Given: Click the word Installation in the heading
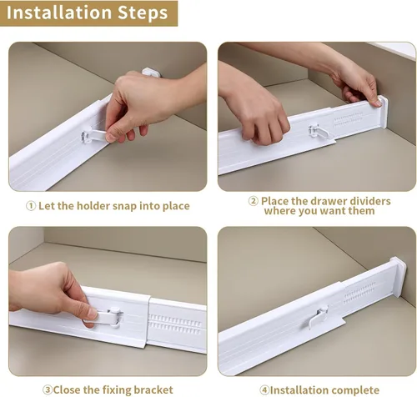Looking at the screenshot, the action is tap(58, 13).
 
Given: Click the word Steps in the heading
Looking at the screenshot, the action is tap(143, 13).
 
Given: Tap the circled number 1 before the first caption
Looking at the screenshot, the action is tap(31, 206).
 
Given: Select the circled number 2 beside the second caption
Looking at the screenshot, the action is tap(253, 201).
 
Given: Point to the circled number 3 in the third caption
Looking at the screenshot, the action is tap(47, 389).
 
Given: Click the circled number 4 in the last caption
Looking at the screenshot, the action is tap(264, 389).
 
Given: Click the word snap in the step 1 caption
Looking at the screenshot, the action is tap(124, 207).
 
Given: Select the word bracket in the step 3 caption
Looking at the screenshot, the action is tap(153, 389).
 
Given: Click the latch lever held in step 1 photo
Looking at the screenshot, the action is tap(94, 135).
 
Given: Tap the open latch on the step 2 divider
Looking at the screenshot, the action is tap(319, 132).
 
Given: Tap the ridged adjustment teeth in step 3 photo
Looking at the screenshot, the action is tap(175, 324).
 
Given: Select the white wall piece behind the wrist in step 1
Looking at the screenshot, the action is tap(152, 72).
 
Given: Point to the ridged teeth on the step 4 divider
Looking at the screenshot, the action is tap(359, 293).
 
